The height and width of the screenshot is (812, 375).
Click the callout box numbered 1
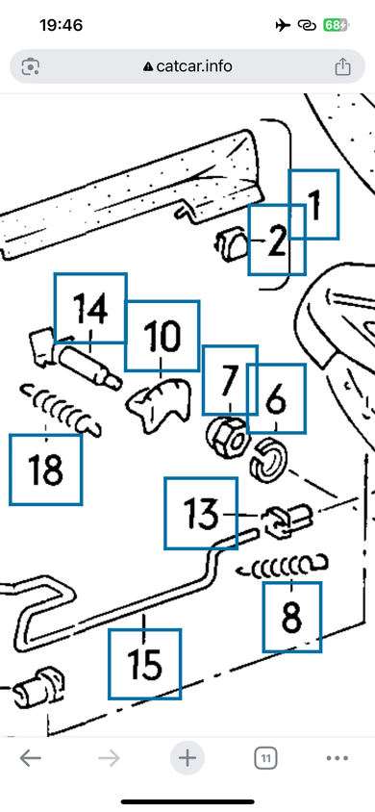[313, 204]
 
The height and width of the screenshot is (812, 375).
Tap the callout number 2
[277, 240]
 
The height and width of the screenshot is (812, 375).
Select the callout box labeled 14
[90, 308]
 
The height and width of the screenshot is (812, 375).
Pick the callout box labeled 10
[162, 336]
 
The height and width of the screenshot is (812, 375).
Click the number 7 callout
[230, 380]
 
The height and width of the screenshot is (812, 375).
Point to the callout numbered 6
[276, 398]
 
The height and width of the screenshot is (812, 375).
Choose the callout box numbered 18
[45, 469]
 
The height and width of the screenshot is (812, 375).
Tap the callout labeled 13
[201, 513]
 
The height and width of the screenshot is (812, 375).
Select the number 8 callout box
[291, 617]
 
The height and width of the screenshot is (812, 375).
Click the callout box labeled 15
[145, 664]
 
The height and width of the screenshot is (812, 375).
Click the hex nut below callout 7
[228, 438]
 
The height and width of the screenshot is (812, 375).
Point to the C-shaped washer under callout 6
[268, 458]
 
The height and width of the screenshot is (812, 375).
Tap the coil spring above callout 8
[282, 566]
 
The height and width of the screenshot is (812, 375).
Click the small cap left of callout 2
[231, 245]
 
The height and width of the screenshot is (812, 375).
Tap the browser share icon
[342, 66]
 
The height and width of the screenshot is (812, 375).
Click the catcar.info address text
[194, 66]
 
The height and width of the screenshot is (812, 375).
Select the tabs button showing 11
[265, 759]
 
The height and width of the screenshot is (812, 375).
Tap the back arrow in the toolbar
[31, 759]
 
